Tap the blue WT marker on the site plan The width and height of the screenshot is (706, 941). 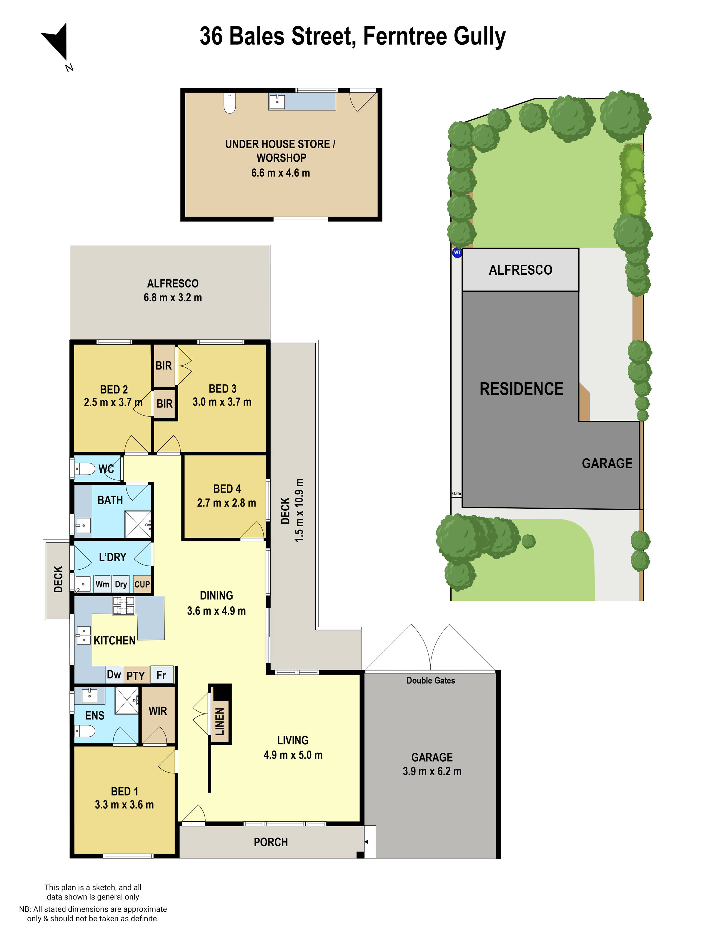tap(457, 252)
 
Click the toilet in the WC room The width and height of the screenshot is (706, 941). tap(85, 469)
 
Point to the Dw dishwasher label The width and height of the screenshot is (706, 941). tap(114, 674)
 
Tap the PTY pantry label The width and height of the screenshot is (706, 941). tap(136, 675)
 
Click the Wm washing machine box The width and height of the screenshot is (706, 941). tap(102, 584)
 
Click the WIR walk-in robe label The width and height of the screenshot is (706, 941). tap(158, 711)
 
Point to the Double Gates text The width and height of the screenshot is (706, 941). tap(431, 680)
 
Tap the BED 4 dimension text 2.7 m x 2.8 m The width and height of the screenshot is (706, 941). tap(227, 503)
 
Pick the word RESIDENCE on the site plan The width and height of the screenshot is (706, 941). tap(521, 389)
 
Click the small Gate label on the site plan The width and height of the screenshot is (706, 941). tap(457, 493)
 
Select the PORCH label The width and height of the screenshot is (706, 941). tap(271, 842)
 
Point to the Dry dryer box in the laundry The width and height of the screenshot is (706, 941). tap(121, 584)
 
